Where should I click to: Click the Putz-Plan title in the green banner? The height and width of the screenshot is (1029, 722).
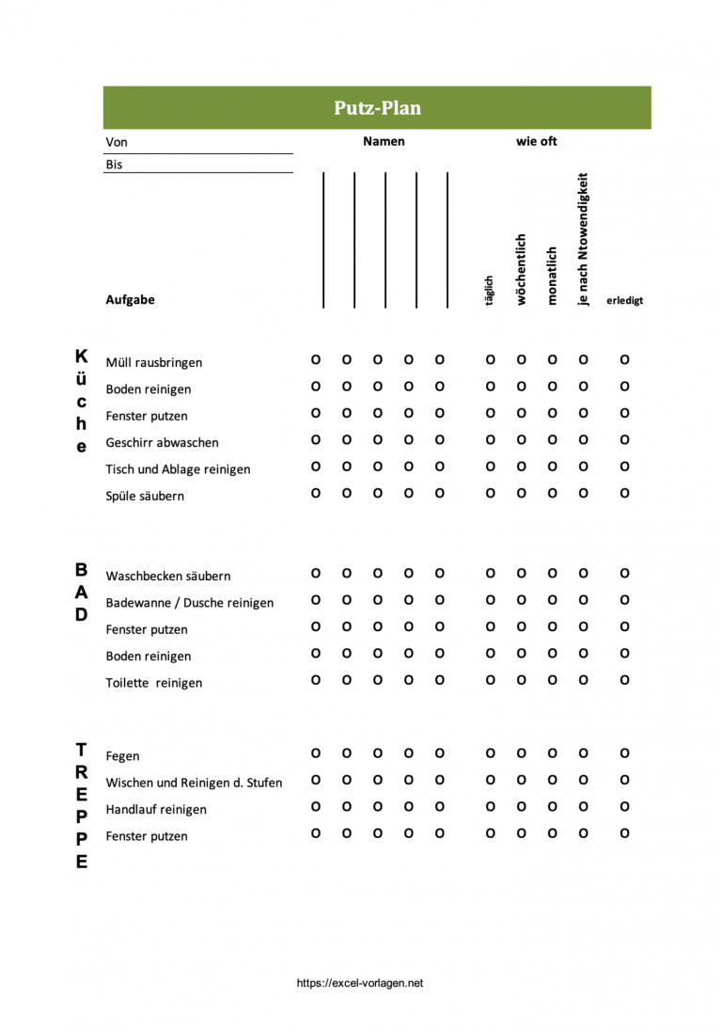(x=377, y=108)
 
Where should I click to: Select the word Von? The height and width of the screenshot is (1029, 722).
(x=117, y=142)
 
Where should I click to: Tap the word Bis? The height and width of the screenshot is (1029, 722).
(x=114, y=164)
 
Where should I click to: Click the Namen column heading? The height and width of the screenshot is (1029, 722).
(x=384, y=141)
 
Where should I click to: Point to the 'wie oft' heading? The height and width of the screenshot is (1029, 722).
(x=537, y=141)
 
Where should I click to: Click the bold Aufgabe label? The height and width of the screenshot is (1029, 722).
(x=130, y=300)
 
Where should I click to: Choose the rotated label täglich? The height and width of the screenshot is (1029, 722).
(x=489, y=292)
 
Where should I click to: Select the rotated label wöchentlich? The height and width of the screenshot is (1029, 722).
(x=521, y=270)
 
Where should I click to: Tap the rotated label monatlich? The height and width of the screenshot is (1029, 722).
(x=552, y=276)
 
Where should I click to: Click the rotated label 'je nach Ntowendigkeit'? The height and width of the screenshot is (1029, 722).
(x=583, y=238)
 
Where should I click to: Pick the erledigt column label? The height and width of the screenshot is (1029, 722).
(x=625, y=301)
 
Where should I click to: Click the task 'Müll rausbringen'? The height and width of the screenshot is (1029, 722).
(x=153, y=362)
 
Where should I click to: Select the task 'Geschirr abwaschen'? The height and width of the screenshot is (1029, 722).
(x=162, y=442)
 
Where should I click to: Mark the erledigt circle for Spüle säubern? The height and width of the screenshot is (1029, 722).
(x=624, y=493)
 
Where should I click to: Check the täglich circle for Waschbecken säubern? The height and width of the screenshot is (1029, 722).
(x=490, y=573)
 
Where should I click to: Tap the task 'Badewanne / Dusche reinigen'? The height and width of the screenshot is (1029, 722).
(x=189, y=603)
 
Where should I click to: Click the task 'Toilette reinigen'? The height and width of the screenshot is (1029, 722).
(x=153, y=683)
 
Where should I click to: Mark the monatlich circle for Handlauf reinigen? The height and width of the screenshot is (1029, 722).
(x=552, y=806)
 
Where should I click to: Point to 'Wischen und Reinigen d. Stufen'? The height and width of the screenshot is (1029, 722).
(x=194, y=783)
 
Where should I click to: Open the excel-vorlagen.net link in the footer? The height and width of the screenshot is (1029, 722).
(x=360, y=983)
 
